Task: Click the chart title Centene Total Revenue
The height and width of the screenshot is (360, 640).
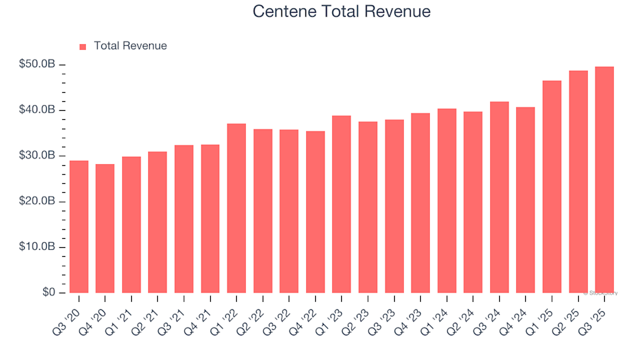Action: pos(341,12)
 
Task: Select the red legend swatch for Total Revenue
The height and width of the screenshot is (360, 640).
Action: pos(83,47)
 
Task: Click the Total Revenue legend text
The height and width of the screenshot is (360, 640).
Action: pos(130,46)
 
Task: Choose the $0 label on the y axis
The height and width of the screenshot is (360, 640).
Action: pos(49,293)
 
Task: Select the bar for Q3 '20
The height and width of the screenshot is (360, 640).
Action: pos(79,227)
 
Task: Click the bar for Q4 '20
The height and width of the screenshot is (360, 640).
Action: pos(105,229)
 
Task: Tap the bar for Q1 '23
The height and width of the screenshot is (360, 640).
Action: pos(342,204)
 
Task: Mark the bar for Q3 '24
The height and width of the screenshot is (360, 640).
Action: pos(499,197)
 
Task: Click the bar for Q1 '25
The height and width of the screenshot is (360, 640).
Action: pos(552,187)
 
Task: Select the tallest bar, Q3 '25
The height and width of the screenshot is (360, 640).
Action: pos(605,180)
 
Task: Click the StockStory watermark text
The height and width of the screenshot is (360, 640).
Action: pos(601,293)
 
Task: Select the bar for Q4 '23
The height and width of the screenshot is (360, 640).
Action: pos(421,203)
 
